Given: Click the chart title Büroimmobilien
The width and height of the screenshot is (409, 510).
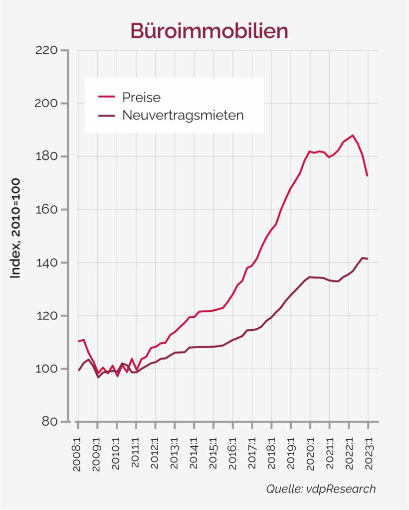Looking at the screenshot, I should (209, 31).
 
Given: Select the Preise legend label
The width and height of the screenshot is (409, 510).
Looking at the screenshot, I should (141, 97).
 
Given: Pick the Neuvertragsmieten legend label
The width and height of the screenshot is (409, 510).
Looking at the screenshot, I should (183, 116).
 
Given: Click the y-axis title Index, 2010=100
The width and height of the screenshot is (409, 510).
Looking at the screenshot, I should (16, 228).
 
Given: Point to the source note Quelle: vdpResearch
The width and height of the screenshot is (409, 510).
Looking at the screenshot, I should (320, 489).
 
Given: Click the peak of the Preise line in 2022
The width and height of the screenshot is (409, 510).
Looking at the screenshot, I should (353, 135).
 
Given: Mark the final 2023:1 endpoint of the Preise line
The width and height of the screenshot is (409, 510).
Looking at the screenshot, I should (368, 176).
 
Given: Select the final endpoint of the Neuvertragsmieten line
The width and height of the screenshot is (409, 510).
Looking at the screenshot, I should (368, 258).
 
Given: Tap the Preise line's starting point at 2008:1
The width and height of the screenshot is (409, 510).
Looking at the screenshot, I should (78, 341).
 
